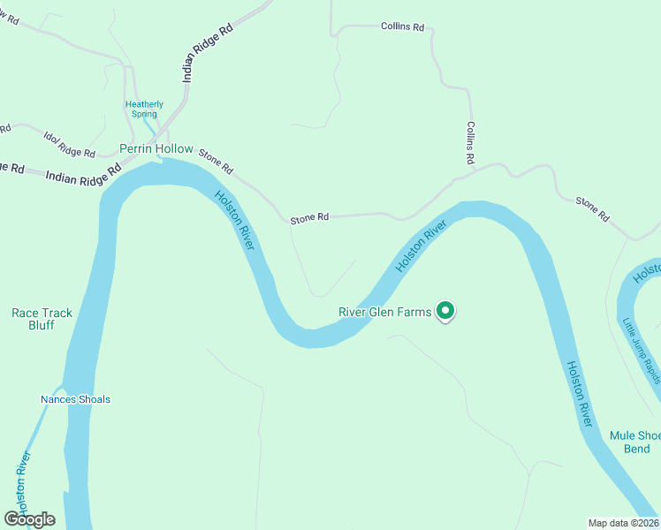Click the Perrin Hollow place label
156,148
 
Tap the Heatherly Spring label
144,109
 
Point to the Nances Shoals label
76,399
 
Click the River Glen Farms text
385,312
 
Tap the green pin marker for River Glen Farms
446,311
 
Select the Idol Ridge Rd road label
69,143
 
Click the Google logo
29,519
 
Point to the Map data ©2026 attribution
623,523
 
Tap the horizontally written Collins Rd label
402,27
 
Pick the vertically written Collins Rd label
471,144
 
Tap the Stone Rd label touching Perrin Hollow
216,161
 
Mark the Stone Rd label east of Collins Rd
592,209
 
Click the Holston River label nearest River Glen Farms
422,246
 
